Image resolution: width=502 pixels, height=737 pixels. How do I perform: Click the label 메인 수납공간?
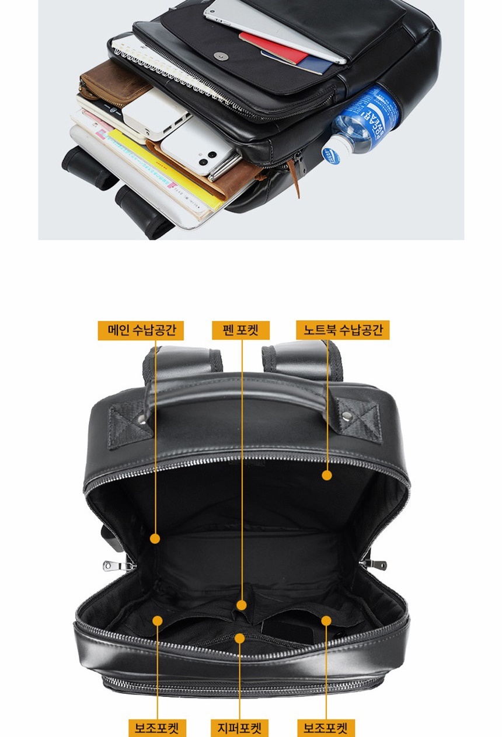tap(141, 330)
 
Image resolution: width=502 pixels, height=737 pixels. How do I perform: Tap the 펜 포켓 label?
tap(240, 330)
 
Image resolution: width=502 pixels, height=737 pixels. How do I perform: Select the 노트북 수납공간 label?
tap(343, 330)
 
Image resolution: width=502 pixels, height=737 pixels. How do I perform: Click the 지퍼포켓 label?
tap(239, 728)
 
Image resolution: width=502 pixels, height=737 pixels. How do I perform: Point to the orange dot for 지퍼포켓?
tap(240, 638)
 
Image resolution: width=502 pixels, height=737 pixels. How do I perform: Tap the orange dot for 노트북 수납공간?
tap(327, 476)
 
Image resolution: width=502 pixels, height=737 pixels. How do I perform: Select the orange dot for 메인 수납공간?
tap(155, 539)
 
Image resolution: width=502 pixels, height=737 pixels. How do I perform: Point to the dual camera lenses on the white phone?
tap(208, 158)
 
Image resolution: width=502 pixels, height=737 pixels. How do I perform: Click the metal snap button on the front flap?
tap(221, 56)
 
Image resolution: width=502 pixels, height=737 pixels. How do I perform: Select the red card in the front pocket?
tap(273, 47)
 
